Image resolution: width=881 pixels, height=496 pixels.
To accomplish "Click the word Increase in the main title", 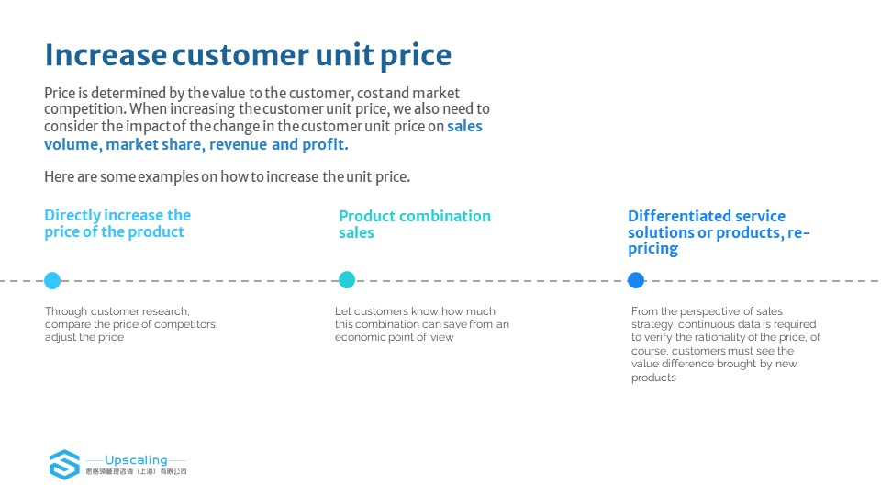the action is click(106, 54).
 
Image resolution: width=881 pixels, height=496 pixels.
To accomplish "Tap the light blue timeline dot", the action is click(52, 280).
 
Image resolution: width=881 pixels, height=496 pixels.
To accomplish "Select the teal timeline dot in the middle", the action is click(347, 279).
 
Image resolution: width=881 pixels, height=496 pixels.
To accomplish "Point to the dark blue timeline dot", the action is click(636, 280).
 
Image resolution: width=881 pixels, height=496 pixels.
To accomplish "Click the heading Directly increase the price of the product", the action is click(117, 224).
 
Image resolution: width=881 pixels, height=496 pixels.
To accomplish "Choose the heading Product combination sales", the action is click(415, 224).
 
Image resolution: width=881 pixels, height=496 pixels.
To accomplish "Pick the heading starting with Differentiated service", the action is click(719, 232).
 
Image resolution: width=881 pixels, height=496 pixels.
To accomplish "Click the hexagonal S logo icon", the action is click(64, 465).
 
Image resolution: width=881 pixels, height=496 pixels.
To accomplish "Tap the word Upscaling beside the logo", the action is click(136, 460).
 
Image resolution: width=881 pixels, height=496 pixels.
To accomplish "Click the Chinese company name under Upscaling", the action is click(136, 471).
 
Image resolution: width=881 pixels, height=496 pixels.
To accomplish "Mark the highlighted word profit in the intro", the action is click(325, 144).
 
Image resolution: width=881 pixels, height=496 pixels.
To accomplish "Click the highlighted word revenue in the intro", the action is click(239, 145).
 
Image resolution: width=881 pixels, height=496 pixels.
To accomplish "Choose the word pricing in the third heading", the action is click(652, 249).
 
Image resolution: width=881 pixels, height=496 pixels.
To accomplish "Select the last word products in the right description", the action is click(653, 378).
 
